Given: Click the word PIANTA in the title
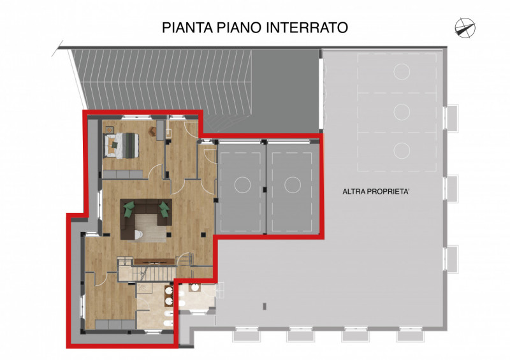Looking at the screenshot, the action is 187,27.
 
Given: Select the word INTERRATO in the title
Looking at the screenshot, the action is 307,27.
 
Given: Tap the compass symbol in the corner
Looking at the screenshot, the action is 465,27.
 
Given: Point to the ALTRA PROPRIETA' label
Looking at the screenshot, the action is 375,192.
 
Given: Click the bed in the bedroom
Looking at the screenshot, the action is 121,145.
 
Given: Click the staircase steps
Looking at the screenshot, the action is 154,273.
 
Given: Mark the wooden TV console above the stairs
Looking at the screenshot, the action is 154,262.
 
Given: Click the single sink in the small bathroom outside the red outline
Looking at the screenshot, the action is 195,287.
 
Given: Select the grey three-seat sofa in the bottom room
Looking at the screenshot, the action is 115,324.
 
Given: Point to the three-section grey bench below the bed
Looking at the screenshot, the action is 122,175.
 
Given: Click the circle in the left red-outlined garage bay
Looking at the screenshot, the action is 242,185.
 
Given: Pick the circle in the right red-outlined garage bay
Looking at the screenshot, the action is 293,185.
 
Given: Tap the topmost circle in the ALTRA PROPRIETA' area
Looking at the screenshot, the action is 402,71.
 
